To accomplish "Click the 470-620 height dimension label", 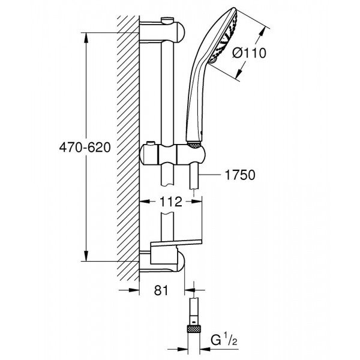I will point(84,148).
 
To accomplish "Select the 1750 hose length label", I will point(239,175).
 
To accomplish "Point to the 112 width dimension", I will point(171,203).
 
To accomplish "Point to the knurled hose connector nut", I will point(195,329).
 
